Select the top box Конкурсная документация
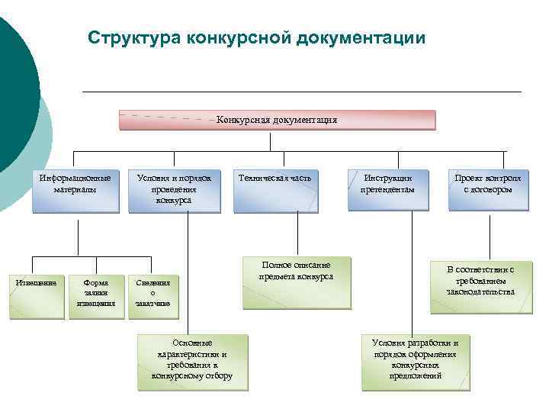tap(277, 120)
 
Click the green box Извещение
tap(37, 294)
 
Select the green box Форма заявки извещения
tap(96, 294)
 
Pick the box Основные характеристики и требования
tap(192, 359)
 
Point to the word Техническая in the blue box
tap(262, 178)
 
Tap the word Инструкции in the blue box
tap(387, 178)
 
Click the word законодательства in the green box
tap(480, 291)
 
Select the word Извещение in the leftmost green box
tap(37, 282)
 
